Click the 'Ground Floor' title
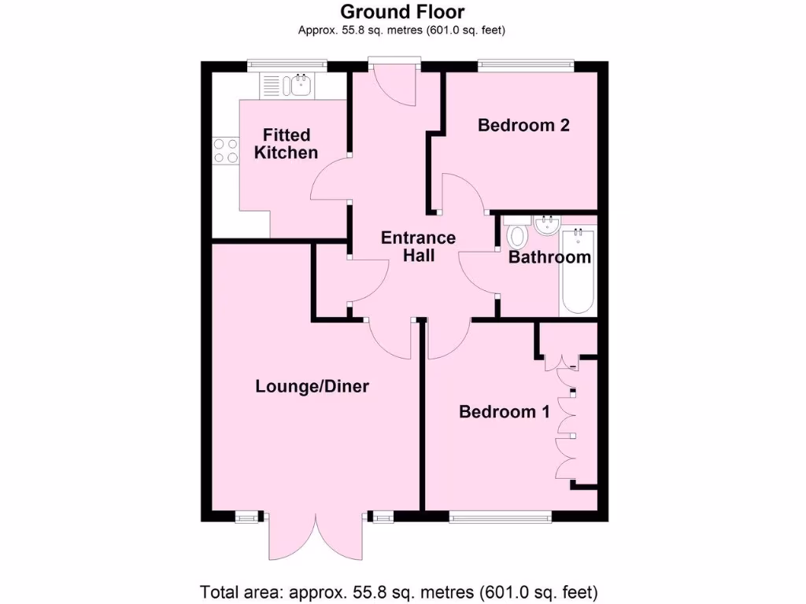tap(402, 12)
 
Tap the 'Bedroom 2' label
tap(523, 125)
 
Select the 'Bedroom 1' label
tap(505, 411)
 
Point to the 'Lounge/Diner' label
tap(312, 386)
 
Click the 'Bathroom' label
tap(549, 257)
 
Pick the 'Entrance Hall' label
tap(418, 247)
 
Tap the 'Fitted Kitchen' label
tap(287, 144)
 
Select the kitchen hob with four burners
tap(225, 150)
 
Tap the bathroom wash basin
tap(545, 226)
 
